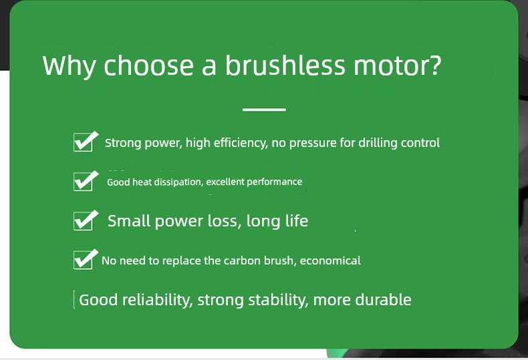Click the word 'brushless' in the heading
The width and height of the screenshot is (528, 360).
click(285, 65)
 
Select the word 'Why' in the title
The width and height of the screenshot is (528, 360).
click(70, 67)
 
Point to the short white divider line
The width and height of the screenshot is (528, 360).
click(264, 110)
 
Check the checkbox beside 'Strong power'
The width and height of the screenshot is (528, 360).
click(86, 142)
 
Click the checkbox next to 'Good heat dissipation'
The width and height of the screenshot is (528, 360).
click(86, 181)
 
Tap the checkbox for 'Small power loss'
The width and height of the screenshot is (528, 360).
click(86, 220)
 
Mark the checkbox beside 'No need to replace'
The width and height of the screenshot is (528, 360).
click(86, 259)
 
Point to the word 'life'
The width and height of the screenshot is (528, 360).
click(297, 221)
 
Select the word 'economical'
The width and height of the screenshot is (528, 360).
click(330, 260)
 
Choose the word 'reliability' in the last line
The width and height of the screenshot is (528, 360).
click(158, 300)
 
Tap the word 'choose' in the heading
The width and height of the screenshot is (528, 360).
click(148, 65)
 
